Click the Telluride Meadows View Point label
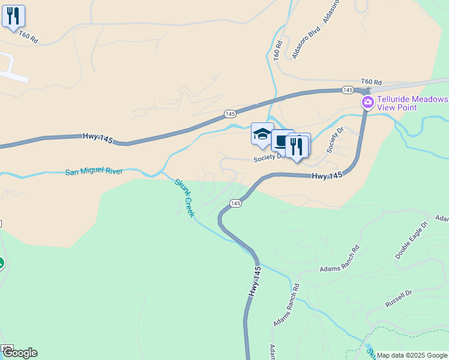pos(412,103)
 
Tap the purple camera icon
pos(367,103)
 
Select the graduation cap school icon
pos(262,134)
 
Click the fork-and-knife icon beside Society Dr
pos(297,146)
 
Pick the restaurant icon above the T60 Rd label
pos(13,16)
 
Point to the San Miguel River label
pos(94,172)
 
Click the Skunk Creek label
pos(185,197)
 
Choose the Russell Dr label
pos(399,298)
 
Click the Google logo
pos(20,353)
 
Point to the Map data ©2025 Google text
pos(412,355)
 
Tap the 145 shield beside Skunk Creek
pos(235,204)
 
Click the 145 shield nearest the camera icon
pos(348,89)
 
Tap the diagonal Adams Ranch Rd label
pos(286,305)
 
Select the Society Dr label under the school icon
pos(268,158)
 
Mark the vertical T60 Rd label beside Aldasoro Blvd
pos(278,51)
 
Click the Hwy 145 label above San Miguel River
pos(97,138)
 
